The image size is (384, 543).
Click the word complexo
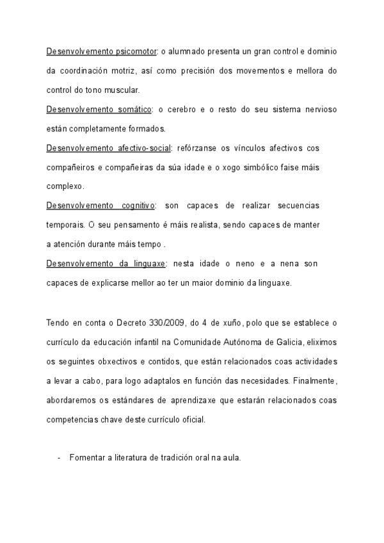[x=65, y=187]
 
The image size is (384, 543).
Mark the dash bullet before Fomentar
[x=59, y=457]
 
